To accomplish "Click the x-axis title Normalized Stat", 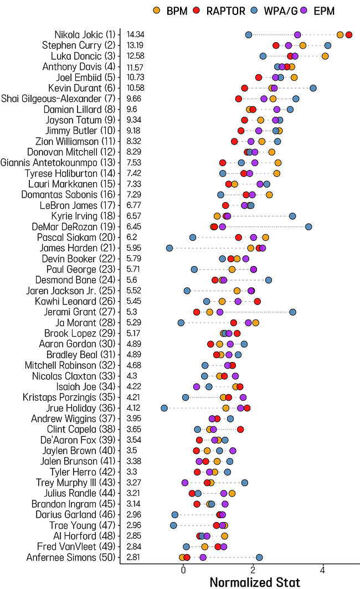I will [x=255, y=582].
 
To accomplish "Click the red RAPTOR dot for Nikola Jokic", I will [x=348, y=35].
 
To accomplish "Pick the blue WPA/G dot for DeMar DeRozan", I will [x=308, y=226].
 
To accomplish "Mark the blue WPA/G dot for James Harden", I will [x=169, y=248].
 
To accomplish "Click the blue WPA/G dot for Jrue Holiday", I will [x=164, y=408].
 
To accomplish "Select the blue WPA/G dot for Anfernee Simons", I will [x=259, y=557].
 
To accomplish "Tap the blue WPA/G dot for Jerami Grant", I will [x=292, y=312].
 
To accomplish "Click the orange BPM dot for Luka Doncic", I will [x=325, y=56].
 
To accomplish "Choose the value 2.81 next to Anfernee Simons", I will [x=133, y=557].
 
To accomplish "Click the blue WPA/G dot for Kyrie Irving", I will [x=292, y=216].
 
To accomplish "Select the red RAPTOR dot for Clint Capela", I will [x=240, y=429].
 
